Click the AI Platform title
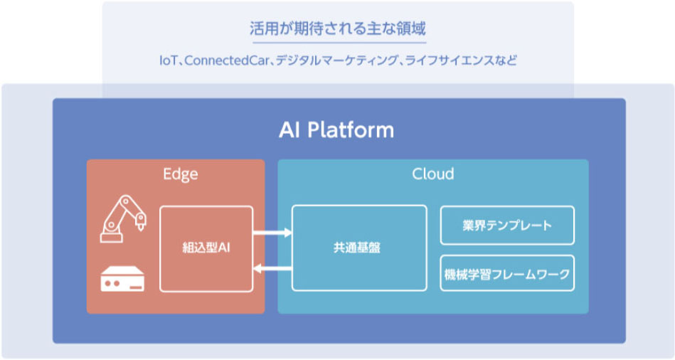point(336,129)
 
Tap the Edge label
point(181,174)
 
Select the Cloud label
point(432,174)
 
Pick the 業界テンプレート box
point(507,226)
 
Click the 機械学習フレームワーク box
point(507,273)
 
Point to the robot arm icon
point(122,218)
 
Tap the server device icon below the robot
point(122,279)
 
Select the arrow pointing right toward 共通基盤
point(272,233)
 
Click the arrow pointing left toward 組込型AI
point(272,269)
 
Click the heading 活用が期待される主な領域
point(338,28)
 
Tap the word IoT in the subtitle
point(168,60)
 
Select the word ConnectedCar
point(226,60)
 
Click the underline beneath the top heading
point(339,43)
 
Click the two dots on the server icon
point(112,284)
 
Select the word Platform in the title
point(351,129)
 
